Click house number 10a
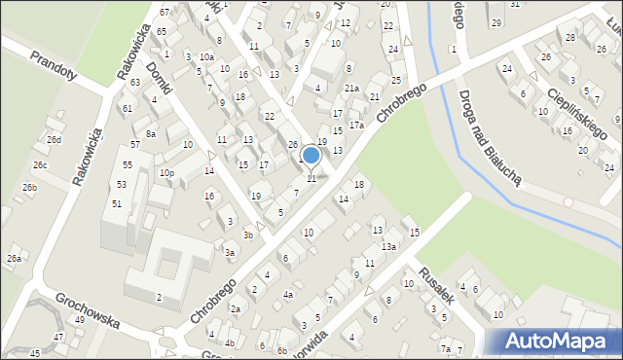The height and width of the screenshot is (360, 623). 206,57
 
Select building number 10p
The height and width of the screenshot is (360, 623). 166,173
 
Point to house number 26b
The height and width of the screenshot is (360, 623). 30,187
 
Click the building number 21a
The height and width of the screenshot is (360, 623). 351,89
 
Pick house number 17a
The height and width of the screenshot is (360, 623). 356,126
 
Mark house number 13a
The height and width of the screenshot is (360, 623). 388,247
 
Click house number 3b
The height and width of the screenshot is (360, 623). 248,234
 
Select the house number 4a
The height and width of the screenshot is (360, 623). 287,294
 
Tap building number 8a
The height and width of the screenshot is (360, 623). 150,134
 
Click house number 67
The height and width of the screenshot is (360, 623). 165,12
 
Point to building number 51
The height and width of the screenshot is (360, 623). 117,203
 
